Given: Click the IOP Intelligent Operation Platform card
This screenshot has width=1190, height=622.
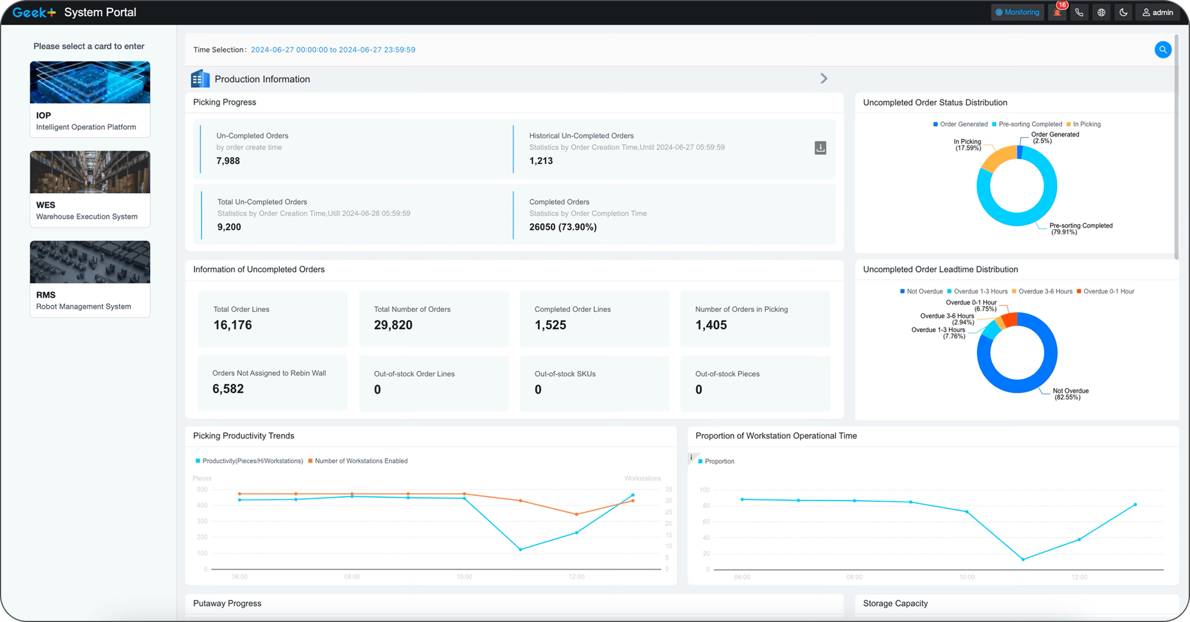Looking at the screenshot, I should pyautogui.click(x=90, y=99).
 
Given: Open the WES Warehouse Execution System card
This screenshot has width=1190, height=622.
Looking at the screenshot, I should pyautogui.click(x=90, y=189).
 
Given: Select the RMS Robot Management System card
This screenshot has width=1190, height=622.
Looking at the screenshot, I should pyautogui.click(x=90, y=279).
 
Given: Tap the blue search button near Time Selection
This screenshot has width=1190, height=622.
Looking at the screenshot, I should pyautogui.click(x=1163, y=50).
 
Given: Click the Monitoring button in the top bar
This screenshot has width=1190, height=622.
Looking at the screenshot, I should pyautogui.click(x=1017, y=12).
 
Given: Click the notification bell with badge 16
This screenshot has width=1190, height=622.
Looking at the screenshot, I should pyautogui.click(x=1057, y=12).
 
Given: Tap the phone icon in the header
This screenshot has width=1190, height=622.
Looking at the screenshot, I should pyautogui.click(x=1079, y=12).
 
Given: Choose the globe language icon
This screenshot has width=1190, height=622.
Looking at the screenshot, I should pyautogui.click(x=1101, y=12).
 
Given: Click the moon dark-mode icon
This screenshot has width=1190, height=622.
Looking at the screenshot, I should pyautogui.click(x=1123, y=12).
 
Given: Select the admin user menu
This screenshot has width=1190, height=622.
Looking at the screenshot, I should pyautogui.click(x=1157, y=12).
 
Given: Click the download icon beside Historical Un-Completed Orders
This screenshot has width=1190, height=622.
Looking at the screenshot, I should pyautogui.click(x=820, y=148).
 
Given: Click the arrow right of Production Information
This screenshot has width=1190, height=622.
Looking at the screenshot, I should pyautogui.click(x=823, y=79).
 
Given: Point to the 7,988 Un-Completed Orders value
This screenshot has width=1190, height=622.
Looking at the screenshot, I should pyautogui.click(x=228, y=161).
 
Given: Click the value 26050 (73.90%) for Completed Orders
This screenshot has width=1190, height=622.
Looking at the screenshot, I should pyautogui.click(x=563, y=227).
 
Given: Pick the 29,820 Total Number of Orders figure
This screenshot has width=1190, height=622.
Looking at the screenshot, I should pyautogui.click(x=393, y=325).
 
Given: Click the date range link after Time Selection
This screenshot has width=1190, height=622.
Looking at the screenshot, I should pyautogui.click(x=333, y=50).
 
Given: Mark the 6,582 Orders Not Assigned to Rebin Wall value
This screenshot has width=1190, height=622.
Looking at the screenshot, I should pyautogui.click(x=228, y=389).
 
